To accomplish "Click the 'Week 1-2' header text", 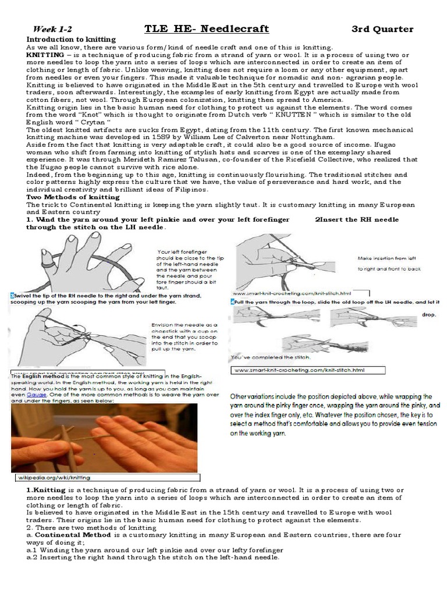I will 53,29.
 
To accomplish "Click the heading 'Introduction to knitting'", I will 71,39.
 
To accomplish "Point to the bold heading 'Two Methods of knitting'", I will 73,197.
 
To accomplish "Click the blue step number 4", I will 232,303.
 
